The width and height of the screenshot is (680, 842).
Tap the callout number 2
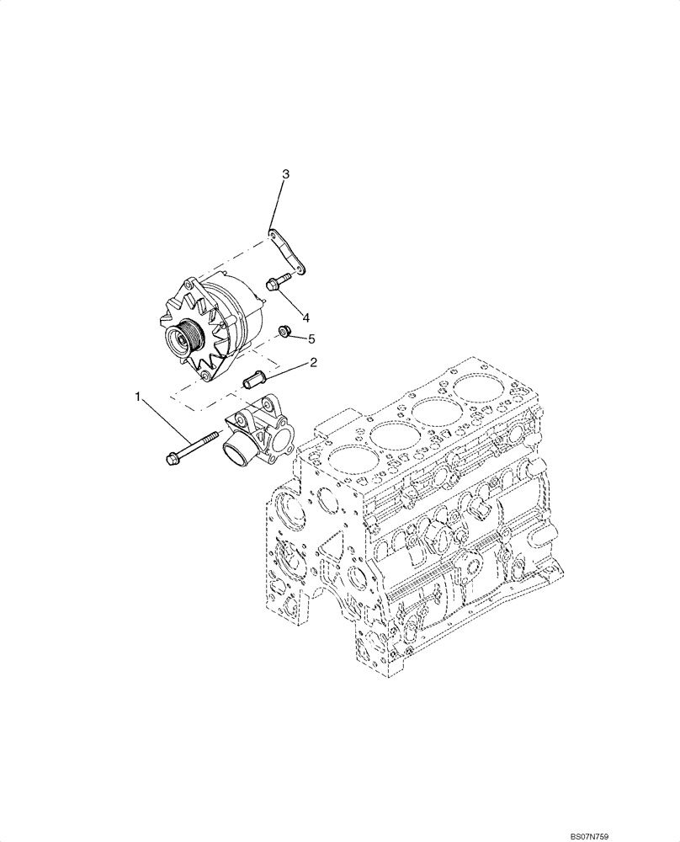point(313,363)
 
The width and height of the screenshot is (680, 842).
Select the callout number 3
point(285,174)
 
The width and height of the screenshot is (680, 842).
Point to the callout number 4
point(305,317)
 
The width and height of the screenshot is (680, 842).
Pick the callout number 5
point(311,338)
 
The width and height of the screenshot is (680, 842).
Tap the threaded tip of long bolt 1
point(215,436)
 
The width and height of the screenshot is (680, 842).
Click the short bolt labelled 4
point(274,285)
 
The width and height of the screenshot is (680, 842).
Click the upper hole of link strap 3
point(272,232)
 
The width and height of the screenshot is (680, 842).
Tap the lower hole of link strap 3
point(299,269)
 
